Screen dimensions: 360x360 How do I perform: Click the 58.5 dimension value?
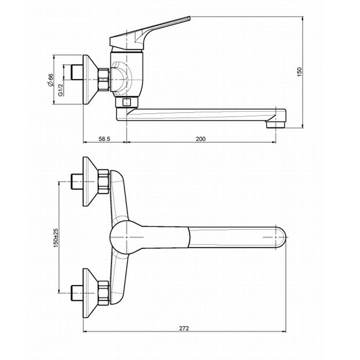104,139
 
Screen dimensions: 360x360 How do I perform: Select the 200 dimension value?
201,139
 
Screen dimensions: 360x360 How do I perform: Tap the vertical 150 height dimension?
300,71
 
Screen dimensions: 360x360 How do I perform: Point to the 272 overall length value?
184,328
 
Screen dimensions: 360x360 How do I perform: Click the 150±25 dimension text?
56,238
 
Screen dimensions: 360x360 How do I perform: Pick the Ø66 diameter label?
50,80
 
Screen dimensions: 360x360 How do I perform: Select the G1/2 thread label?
60,90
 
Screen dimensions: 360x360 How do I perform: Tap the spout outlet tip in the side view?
276,124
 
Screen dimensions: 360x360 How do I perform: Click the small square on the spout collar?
127,102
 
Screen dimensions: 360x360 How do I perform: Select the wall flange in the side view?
90,79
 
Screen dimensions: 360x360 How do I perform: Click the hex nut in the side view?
103,79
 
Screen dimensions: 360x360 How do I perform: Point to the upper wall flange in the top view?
90,182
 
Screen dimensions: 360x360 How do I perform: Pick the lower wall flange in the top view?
90,293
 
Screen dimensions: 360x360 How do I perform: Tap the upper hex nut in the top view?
103,182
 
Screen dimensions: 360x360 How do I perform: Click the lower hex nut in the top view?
103,293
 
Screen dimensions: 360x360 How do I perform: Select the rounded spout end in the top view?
281,238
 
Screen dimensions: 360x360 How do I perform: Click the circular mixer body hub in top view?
127,238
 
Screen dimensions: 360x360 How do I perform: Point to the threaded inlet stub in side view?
77,72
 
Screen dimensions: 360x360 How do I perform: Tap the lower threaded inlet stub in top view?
77,293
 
